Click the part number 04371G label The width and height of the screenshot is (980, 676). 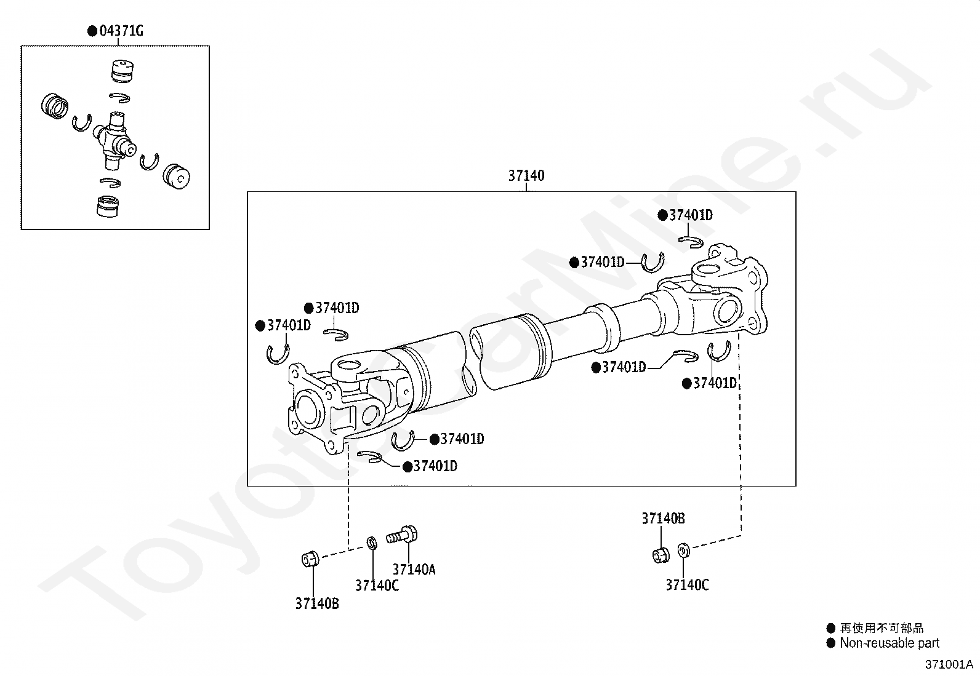point(121,31)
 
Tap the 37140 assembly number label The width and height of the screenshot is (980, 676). point(526,176)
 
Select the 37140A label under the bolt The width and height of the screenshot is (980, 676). point(414,570)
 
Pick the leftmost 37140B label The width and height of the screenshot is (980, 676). point(317,604)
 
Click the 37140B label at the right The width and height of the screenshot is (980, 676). point(663,519)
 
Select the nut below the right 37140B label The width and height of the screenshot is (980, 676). point(661,554)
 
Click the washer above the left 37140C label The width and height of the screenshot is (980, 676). point(372,543)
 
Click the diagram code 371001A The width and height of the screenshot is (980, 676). point(949,664)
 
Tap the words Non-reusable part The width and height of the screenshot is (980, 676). point(890,643)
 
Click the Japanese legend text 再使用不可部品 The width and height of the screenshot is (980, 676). point(882,628)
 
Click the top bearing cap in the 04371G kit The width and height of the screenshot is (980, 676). point(123,71)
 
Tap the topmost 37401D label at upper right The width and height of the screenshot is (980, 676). point(691,215)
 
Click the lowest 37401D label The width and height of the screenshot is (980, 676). point(435,466)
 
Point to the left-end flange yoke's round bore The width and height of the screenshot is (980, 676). point(308,410)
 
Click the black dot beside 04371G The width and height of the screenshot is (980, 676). point(92,31)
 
